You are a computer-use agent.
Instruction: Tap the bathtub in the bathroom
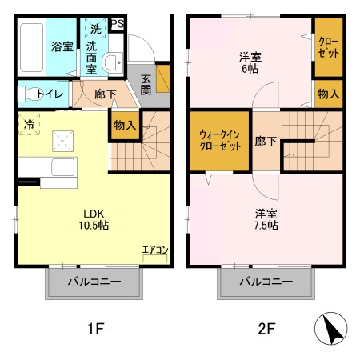tap(32, 46)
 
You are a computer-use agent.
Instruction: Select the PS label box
tap(118, 23)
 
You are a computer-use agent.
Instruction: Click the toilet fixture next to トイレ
tap(27, 94)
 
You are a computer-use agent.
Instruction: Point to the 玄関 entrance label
tap(147, 83)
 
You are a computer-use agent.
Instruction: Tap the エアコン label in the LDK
tap(155, 250)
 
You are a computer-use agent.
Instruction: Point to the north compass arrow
tap(330, 328)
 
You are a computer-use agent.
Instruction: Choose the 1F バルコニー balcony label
tap(94, 282)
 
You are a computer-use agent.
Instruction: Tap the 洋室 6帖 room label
tap(250, 62)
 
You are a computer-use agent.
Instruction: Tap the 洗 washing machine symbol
tap(96, 29)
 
